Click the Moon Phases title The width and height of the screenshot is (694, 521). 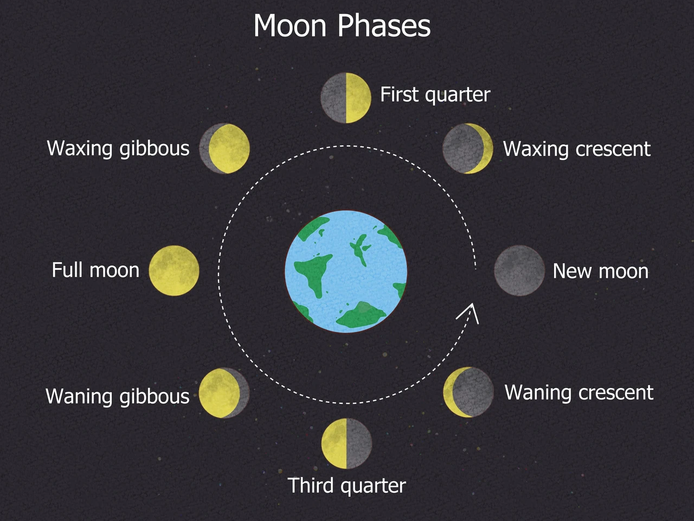(x=342, y=26)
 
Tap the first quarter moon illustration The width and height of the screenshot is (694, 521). (x=346, y=98)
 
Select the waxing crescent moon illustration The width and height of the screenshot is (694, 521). (x=467, y=148)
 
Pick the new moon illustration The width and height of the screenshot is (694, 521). (x=519, y=270)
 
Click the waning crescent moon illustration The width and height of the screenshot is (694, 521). (x=468, y=392)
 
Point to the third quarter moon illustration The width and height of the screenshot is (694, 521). (x=347, y=443)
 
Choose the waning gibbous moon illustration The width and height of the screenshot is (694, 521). (x=224, y=393)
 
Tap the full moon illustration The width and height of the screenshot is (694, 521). (x=174, y=271)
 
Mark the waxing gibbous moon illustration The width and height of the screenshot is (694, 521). (x=224, y=148)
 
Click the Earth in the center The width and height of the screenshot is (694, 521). (x=346, y=271)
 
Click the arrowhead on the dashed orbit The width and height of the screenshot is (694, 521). (x=469, y=313)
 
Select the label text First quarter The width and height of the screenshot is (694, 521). (x=435, y=94)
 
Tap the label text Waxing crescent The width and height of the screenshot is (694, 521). (x=577, y=149)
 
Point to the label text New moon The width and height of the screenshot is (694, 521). (x=600, y=271)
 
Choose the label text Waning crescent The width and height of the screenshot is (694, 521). (x=579, y=392)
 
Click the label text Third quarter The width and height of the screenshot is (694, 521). (x=347, y=486)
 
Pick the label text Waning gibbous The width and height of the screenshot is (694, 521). (x=118, y=396)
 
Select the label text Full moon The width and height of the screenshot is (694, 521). (x=95, y=270)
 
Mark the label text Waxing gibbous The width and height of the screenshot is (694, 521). (x=118, y=148)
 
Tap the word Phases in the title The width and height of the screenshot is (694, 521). (x=384, y=26)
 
